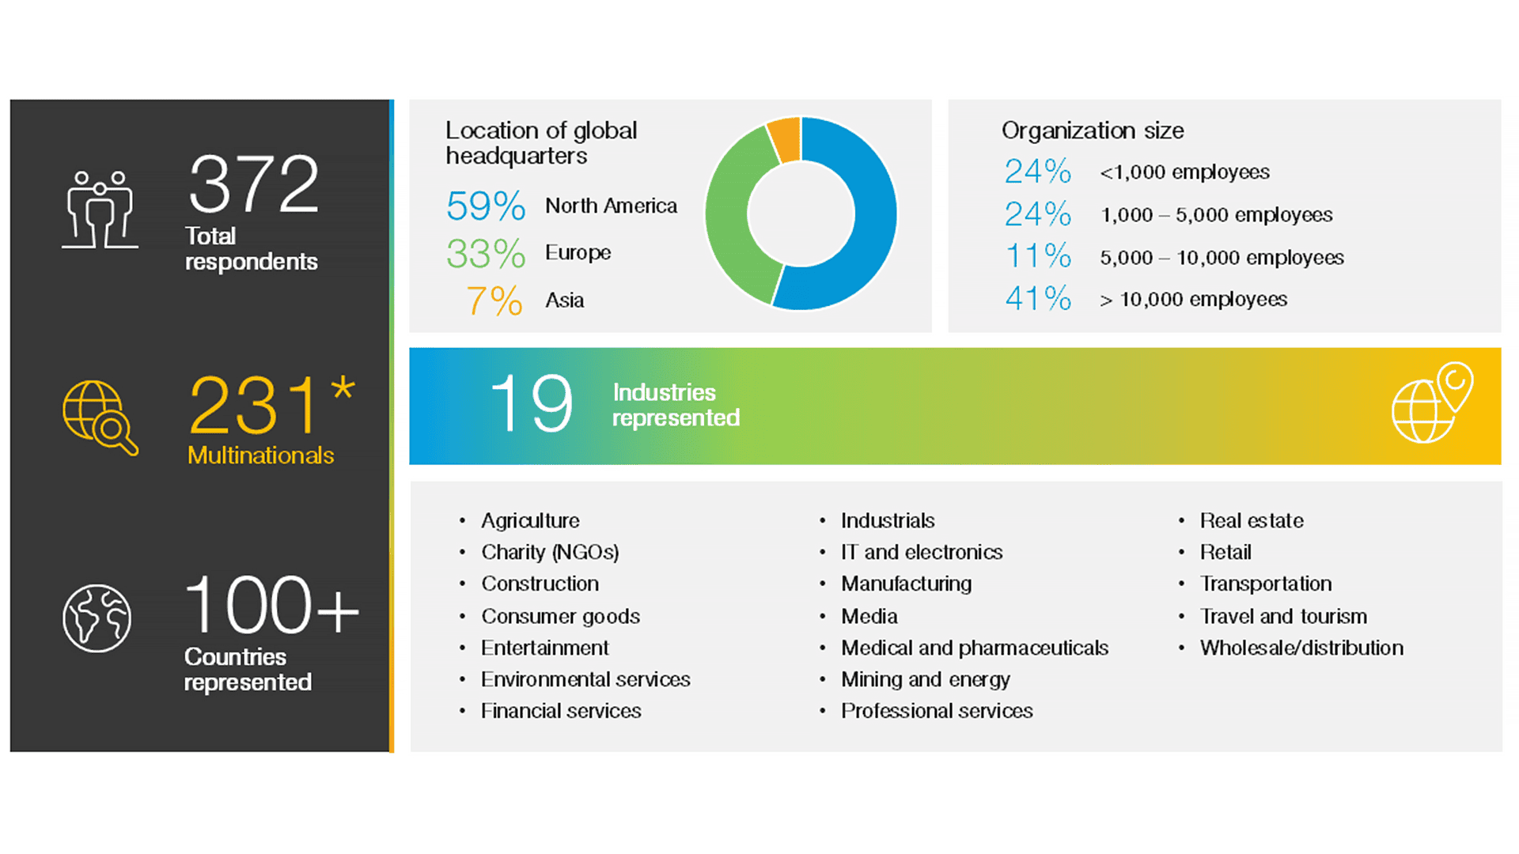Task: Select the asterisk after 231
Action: pyautogui.click(x=343, y=388)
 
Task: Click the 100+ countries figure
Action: pyautogui.click(x=271, y=606)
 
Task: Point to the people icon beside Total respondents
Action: pyautogui.click(x=100, y=210)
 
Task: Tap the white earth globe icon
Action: pyautogui.click(x=97, y=618)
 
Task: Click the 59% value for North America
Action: pyautogui.click(x=485, y=206)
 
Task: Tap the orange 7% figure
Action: pyautogui.click(x=494, y=301)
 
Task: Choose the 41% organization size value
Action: pyautogui.click(x=1038, y=299)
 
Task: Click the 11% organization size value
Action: pyautogui.click(x=1038, y=257)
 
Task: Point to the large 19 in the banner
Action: pyautogui.click(x=531, y=404)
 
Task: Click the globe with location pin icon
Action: pyautogui.click(x=1432, y=403)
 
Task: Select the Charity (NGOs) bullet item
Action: pyautogui.click(x=550, y=552)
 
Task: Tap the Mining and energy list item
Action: pyautogui.click(x=925, y=679)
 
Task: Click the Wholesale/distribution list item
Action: pyautogui.click(x=1301, y=648)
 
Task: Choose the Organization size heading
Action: pyautogui.click(x=1093, y=130)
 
